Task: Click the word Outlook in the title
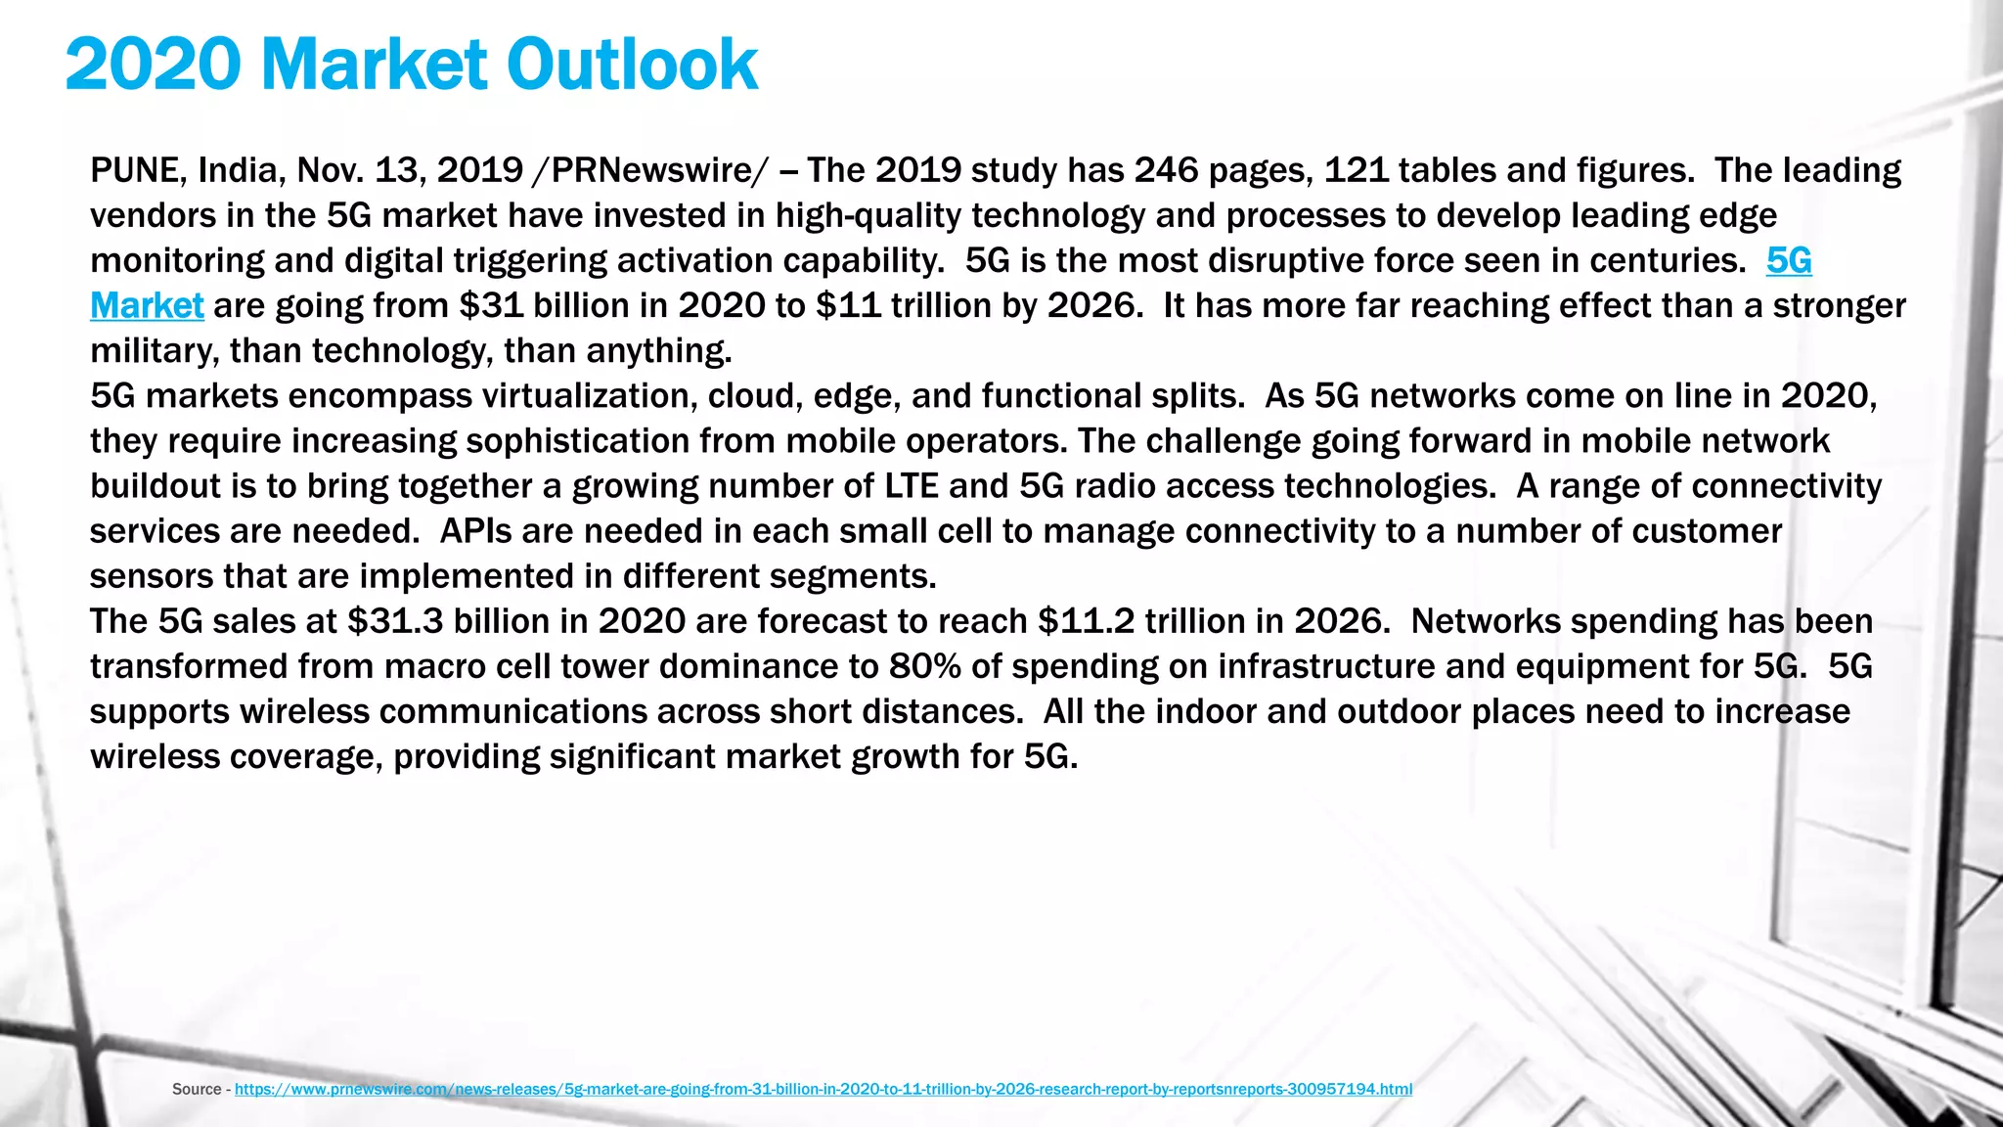coord(631,65)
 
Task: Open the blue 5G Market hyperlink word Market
coord(147,306)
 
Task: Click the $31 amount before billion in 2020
coord(491,306)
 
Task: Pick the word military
coord(154,351)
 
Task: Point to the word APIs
coord(475,531)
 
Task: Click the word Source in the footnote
coord(197,1089)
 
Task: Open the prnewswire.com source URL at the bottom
coord(823,1089)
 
